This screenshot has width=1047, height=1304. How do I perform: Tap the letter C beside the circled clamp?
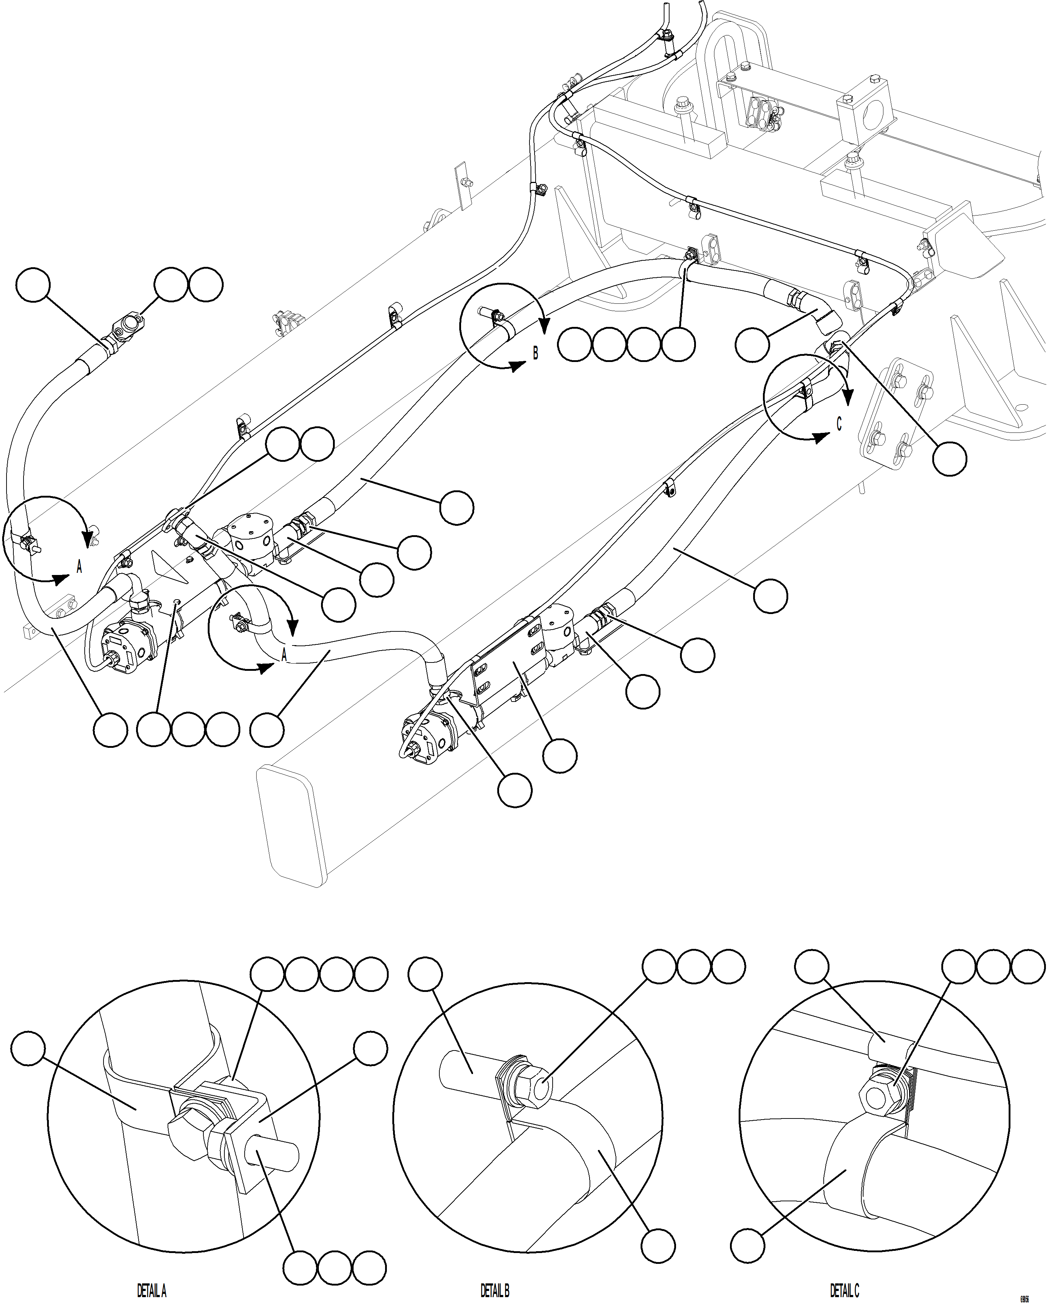click(x=839, y=425)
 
